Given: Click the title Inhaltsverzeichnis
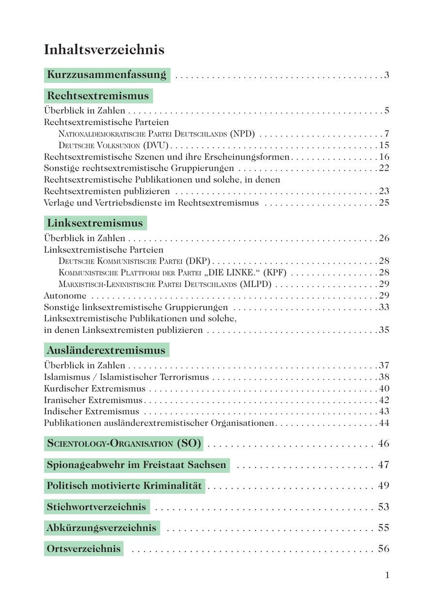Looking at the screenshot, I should point(104,50).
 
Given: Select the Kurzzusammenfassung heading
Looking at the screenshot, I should point(107,75).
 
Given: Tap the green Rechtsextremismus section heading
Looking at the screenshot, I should point(98,95).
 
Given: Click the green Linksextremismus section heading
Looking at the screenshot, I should point(95,223).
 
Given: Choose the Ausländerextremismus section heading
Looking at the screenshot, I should point(106,350).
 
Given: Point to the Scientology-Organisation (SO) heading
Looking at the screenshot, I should point(124,443).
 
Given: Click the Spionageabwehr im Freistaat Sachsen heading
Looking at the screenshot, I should point(137,465).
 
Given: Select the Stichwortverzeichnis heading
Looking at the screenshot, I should point(96,507).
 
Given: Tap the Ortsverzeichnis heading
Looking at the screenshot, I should point(83,549).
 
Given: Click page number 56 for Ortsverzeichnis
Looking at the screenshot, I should point(384,549).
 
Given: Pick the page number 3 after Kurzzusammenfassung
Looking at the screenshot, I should point(387,75).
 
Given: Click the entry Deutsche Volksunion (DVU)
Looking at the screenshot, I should point(113,145).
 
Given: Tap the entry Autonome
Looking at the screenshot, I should point(65,296).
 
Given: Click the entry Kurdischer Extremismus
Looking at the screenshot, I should point(94,389).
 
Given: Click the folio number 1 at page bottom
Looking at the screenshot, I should point(387,575).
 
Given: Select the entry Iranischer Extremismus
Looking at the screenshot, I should point(93,400).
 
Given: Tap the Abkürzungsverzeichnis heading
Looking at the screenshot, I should point(102,528).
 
